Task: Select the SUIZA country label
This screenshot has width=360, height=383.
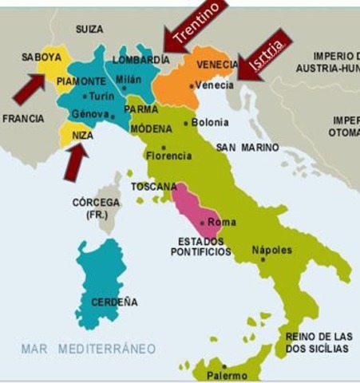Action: [x=89, y=30]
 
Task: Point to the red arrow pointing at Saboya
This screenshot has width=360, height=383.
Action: [x=29, y=88]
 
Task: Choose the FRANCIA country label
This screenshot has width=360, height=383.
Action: [x=23, y=118]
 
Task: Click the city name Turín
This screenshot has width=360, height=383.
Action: [x=101, y=96]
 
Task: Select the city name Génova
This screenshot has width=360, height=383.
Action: [x=90, y=114]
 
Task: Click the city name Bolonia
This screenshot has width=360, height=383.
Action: [x=210, y=123]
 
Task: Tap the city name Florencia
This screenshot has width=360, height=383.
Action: [x=168, y=156]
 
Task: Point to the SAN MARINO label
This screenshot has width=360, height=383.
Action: [x=247, y=148]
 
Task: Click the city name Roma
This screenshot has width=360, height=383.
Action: [x=222, y=222]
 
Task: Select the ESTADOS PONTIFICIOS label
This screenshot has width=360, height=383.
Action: [x=201, y=246]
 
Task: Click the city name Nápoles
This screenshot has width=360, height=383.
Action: [x=272, y=250]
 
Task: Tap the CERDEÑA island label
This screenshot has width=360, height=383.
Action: [x=114, y=302]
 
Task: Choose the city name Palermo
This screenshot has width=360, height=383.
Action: [x=227, y=375]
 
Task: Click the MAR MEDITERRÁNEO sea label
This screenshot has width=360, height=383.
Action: [x=89, y=349]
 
